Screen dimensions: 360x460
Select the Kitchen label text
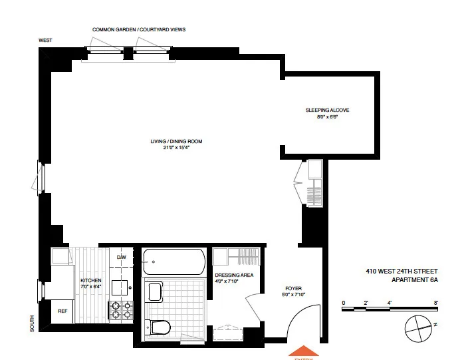coord(91,281)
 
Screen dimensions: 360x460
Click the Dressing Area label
coord(231,274)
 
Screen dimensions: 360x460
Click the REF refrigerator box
coord(62,311)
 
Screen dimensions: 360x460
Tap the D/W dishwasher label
coord(122,257)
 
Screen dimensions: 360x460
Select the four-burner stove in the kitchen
coord(122,311)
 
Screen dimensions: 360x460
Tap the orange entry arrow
coord(304,353)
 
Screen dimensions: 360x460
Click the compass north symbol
coord(418,325)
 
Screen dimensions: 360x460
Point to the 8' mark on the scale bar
coord(436,303)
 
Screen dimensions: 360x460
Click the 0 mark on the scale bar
coord(344,303)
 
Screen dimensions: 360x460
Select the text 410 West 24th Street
coord(402,271)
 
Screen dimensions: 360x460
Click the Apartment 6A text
coord(414,280)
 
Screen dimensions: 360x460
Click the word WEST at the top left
coord(45,41)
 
